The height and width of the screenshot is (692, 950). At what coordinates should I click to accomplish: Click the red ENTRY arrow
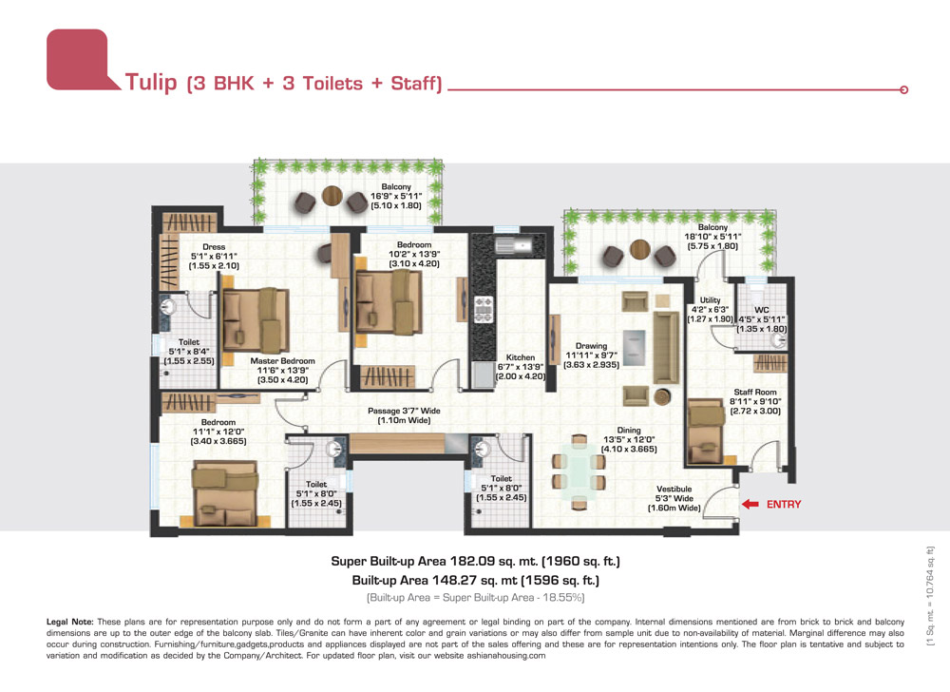(x=750, y=504)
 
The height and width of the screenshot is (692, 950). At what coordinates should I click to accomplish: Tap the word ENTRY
(x=784, y=504)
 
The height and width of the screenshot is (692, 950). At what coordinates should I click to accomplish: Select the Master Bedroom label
(x=282, y=360)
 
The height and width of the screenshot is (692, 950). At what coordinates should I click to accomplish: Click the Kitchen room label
(x=521, y=357)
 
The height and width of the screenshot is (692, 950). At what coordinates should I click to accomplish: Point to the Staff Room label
(x=755, y=392)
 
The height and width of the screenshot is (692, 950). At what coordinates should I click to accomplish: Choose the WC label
(x=762, y=310)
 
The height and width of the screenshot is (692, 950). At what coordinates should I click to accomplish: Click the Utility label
(x=710, y=300)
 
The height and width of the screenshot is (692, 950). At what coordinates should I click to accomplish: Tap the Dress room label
(x=214, y=246)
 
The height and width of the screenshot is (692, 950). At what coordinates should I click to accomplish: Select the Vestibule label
(x=674, y=489)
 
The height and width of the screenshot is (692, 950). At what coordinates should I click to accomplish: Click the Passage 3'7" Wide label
(x=404, y=411)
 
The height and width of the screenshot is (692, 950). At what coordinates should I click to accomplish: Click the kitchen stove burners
(x=484, y=309)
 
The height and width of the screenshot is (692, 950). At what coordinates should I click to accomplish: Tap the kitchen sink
(x=513, y=245)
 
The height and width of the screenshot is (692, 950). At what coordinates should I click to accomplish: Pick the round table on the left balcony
(x=332, y=196)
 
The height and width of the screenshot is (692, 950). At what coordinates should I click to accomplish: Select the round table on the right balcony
(x=639, y=249)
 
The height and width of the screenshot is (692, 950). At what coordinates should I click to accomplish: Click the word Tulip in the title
(x=151, y=82)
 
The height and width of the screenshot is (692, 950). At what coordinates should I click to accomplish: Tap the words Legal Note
(x=70, y=622)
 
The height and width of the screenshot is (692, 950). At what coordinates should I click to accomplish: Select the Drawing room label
(x=591, y=346)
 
